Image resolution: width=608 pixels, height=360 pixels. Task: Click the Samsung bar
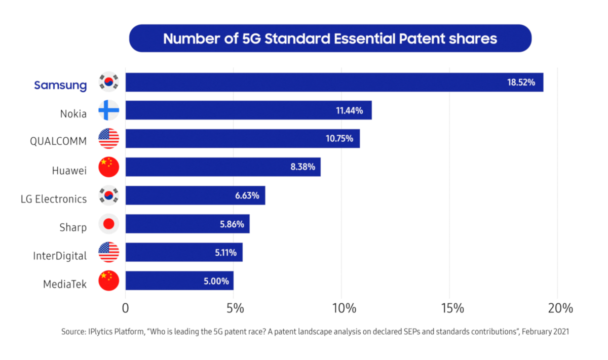tap(334, 82)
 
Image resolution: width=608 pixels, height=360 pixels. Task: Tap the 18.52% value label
tap(521, 82)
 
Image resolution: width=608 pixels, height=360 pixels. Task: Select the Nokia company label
tap(73, 114)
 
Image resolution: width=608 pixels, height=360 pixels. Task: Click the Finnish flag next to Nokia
tap(108, 110)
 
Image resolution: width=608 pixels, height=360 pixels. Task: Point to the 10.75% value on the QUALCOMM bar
tap(339, 139)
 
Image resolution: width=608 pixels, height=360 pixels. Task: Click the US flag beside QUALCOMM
tap(108, 139)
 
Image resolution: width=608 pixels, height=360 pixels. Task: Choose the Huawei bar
tap(223, 167)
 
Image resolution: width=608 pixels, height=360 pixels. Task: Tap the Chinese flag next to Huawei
tap(108, 167)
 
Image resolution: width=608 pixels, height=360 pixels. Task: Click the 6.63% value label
tap(247, 195)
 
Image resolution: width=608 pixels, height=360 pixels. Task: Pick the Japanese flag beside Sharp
tap(108, 224)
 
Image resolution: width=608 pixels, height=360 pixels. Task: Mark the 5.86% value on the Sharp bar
tap(232, 224)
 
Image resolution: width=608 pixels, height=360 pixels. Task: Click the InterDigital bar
tap(184, 252)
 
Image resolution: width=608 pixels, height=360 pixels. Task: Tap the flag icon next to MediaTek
tap(108, 281)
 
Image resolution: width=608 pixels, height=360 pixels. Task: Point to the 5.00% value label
tap(217, 281)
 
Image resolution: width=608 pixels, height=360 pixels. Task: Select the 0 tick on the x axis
tap(126, 308)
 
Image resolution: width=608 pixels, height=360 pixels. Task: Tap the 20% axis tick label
tap(560, 308)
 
